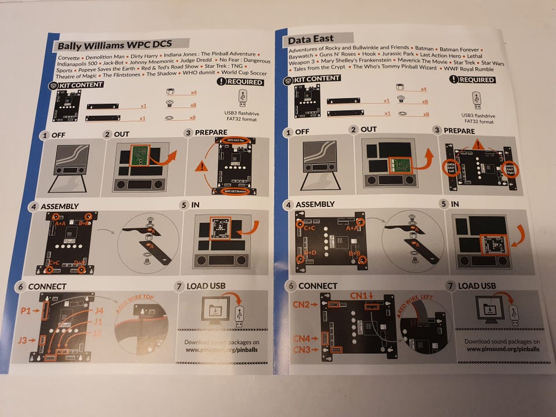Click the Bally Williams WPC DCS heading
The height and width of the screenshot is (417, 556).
point(121,45)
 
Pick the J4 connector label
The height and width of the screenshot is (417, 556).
point(98,311)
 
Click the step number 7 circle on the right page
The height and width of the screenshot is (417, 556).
point(451,286)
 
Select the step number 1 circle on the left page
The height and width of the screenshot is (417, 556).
point(44,136)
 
